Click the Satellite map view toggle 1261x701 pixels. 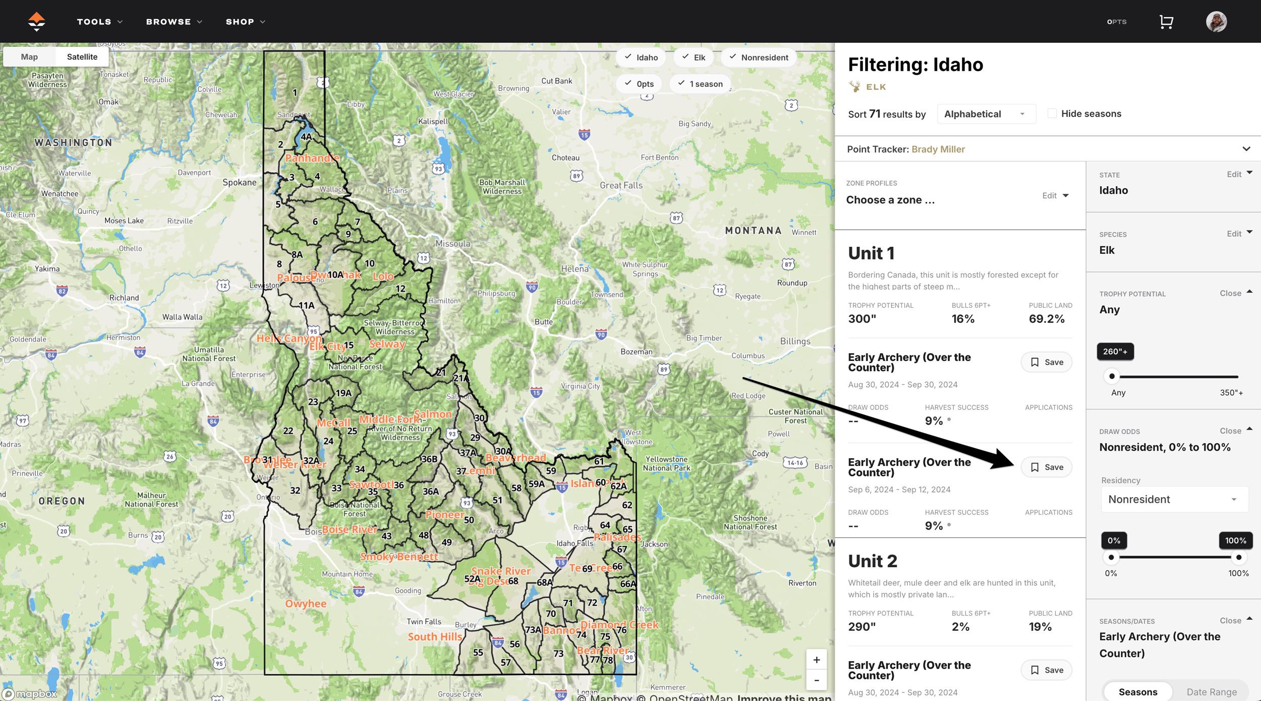click(x=82, y=57)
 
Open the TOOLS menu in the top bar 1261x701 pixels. click(x=99, y=22)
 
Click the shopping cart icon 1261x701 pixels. click(x=1166, y=22)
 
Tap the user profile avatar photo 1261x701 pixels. click(x=1216, y=22)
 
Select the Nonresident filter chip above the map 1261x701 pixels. click(x=759, y=58)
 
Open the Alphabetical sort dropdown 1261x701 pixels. click(x=986, y=114)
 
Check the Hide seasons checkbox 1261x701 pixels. click(x=1052, y=114)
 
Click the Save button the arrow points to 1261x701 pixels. click(x=1046, y=467)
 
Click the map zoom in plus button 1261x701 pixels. click(x=816, y=660)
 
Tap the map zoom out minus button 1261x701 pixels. click(x=816, y=680)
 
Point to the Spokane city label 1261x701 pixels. click(x=240, y=182)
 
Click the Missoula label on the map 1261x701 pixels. click(x=452, y=244)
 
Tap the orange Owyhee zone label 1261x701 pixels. click(x=306, y=604)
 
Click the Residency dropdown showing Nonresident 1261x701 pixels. click(x=1174, y=499)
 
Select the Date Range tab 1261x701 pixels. click(x=1211, y=692)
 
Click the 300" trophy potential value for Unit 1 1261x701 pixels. click(x=862, y=319)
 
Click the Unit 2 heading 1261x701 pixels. click(x=872, y=561)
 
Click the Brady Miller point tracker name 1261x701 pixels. click(x=938, y=149)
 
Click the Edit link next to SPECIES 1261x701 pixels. click(x=1234, y=234)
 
